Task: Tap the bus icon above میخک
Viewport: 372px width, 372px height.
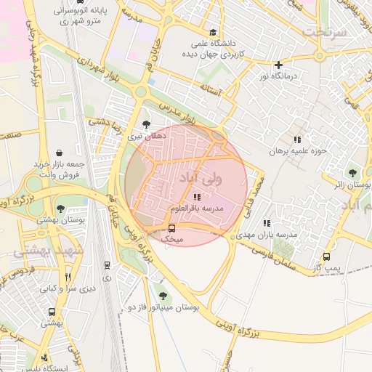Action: click(x=171, y=227)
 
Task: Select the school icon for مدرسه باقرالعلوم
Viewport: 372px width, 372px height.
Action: click(x=197, y=197)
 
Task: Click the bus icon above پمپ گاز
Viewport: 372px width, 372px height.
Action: click(x=326, y=256)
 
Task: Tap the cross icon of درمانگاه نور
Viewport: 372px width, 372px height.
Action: click(x=278, y=64)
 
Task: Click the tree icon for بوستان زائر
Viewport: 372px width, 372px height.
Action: click(x=352, y=173)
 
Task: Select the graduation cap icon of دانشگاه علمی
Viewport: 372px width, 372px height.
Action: click(x=212, y=32)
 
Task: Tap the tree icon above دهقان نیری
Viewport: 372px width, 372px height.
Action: click(x=147, y=124)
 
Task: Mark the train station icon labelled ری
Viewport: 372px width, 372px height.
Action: click(x=108, y=266)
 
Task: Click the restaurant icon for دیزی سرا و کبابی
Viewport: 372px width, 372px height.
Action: click(x=68, y=276)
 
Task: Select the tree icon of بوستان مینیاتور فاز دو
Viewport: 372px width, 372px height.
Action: click(x=162, y=296)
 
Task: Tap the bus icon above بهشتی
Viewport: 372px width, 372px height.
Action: click(x=51, y=311)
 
